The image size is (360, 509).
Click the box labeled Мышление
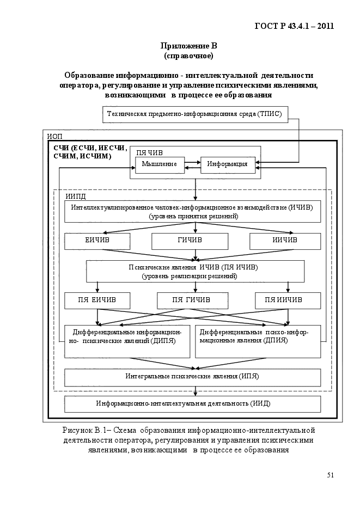(160, 165)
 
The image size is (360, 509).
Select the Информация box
(228, 165)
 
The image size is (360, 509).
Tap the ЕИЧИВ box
(97, 241)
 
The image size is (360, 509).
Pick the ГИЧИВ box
(190, 241)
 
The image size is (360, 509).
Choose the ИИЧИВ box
(285, 241)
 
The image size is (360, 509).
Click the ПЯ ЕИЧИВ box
(97, 301)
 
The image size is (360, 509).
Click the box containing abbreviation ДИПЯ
(127, 341)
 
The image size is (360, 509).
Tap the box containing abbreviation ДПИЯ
(258, 341)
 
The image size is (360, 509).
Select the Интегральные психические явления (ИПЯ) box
(192, 377)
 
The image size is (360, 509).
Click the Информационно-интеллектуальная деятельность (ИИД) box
(192, 404)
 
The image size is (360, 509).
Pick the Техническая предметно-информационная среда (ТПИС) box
(195, 114)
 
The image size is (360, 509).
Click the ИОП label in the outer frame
(54, 136)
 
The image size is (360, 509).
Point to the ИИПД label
(76, 197)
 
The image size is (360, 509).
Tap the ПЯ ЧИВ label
(149, 152)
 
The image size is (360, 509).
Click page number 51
(330, 475)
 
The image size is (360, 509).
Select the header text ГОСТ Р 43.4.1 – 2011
(295, 26)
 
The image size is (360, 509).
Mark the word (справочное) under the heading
(188, 56)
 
